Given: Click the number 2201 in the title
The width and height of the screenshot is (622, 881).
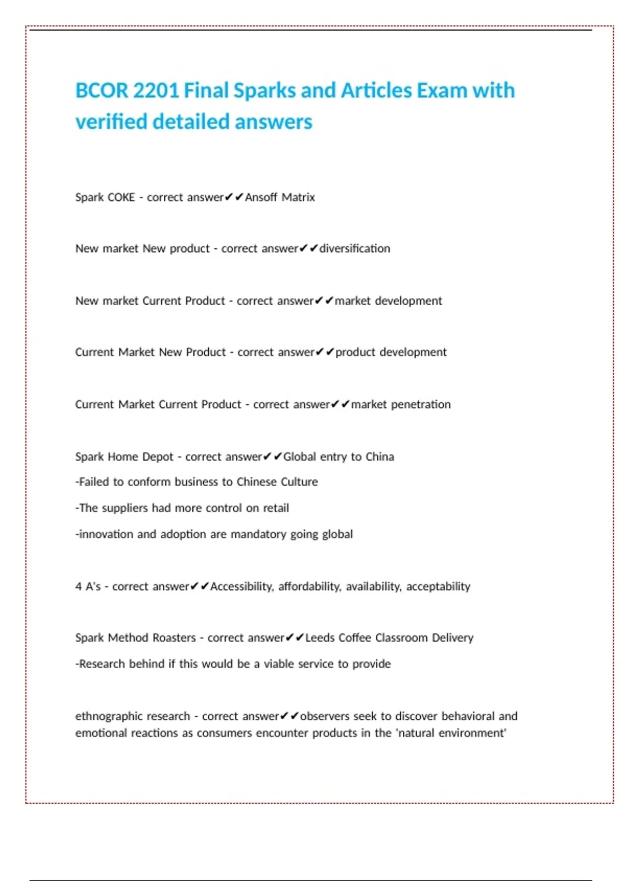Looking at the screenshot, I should (156, 91).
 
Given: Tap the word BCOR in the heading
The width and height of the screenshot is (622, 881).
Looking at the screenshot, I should (102, 91).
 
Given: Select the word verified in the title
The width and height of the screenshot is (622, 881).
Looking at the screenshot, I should (111, 122).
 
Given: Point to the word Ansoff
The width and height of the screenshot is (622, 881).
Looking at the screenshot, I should (261, 197).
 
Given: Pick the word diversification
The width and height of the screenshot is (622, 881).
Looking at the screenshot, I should (355, 249).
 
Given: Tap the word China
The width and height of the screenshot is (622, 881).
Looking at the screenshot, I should (379, 457).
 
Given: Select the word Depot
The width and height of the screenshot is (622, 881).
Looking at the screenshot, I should (158, 457).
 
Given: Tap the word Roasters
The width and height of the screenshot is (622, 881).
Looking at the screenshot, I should (173, 638).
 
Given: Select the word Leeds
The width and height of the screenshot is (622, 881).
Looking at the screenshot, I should (320, 638).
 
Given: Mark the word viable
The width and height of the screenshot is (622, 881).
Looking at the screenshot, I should (280, 664).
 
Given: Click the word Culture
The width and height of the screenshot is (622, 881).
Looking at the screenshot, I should (299, 482).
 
